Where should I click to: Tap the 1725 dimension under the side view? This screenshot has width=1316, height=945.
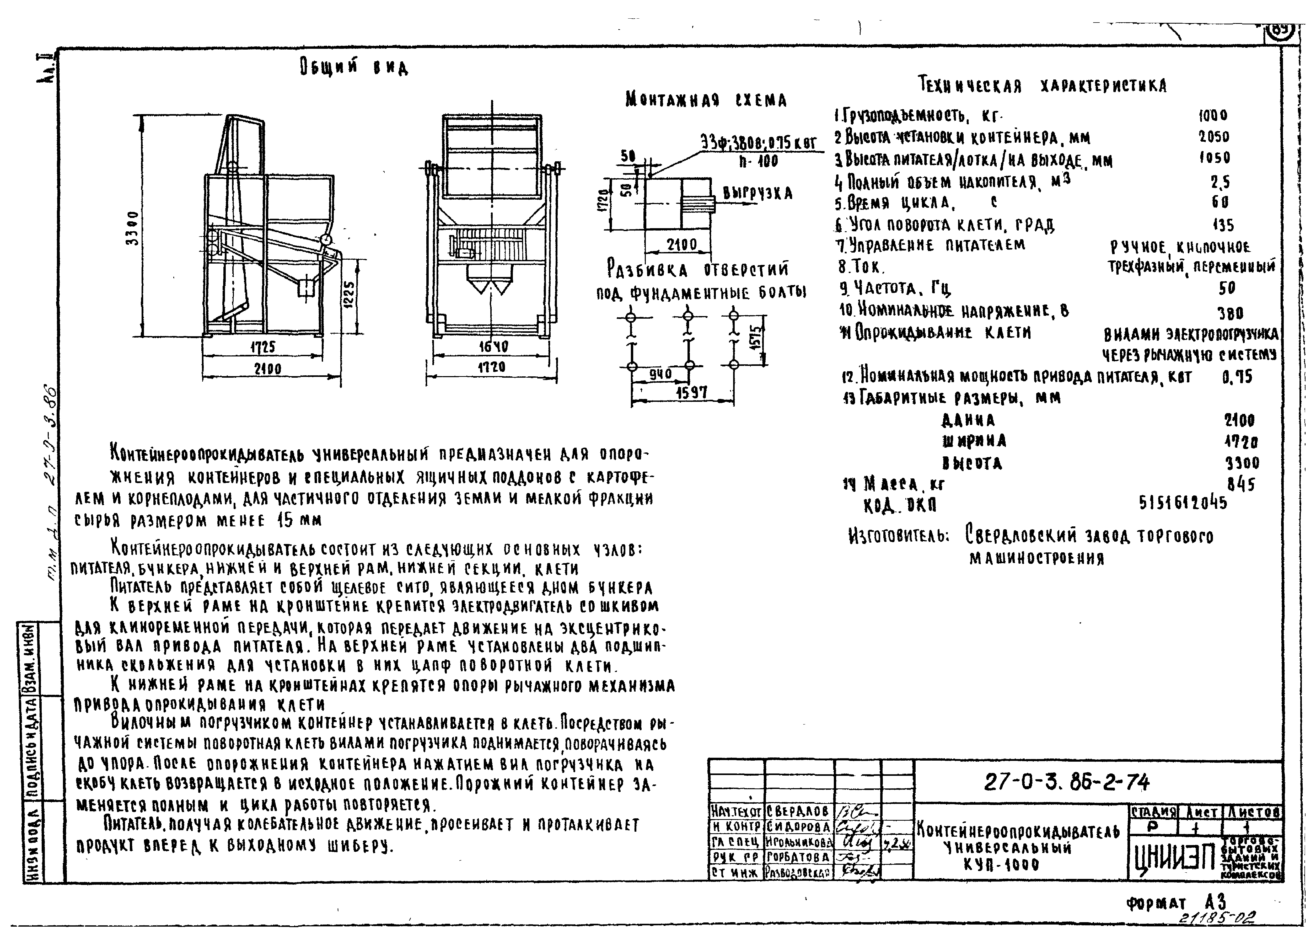pos(263,346)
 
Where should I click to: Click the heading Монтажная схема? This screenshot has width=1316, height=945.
pos(706,100)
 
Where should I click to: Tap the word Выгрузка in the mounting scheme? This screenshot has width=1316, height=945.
pos(757,193)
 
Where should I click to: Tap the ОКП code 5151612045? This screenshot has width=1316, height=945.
pos(1184,503)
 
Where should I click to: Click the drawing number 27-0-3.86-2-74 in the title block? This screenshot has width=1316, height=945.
pos(1066,783)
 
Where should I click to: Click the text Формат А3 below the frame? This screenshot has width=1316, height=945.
pos(1177,903)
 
